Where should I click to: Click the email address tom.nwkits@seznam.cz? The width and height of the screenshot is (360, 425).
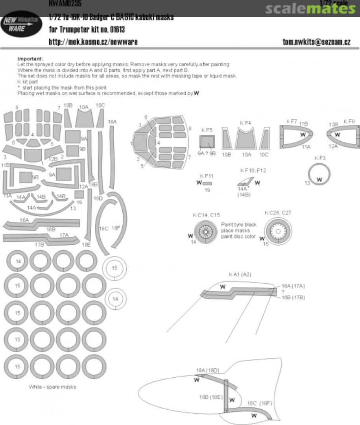tap(316, 41)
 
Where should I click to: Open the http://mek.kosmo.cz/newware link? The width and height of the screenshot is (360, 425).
tap(93, 41)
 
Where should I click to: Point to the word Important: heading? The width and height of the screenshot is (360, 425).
tap(30, 59)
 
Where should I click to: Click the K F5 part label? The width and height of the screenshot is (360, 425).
tap(207, 130)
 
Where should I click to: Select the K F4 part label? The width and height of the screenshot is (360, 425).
tap(246, 123)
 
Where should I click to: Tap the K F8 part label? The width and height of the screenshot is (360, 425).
tap(349, 122)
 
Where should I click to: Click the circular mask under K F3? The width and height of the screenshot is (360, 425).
tap(319, 174)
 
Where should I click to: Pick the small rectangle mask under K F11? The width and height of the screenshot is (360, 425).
tap(207, 183)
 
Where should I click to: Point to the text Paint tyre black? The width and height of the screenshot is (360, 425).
tap(238, 224)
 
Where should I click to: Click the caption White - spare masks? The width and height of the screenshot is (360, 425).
tap(52, 387)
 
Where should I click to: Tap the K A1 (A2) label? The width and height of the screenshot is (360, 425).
tap(240, 274)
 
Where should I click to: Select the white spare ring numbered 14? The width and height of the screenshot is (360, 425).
tap(115, 299)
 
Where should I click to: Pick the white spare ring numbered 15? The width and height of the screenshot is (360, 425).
tap(114, 268)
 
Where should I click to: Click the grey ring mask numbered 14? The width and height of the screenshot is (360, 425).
tap(18, 261)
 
